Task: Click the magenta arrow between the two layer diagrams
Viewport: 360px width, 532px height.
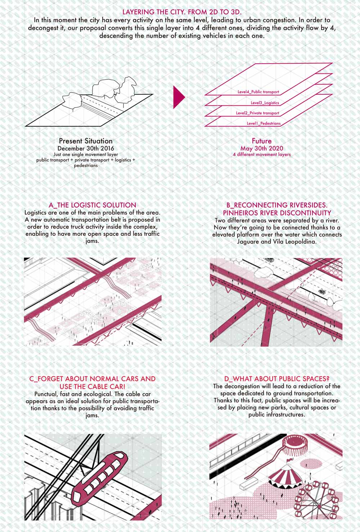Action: click(x=178, y=97)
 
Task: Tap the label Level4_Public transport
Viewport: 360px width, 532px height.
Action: click(x=258, y=92)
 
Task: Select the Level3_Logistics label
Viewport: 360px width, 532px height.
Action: click(x=265, y=103)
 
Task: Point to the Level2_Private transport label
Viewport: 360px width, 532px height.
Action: click(x=258, y=113)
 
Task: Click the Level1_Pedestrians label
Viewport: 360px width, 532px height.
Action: click(x=264, y=123)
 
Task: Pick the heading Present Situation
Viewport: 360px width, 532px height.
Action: click(x=86, y=141)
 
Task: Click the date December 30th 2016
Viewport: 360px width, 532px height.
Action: click(x=86, y=149)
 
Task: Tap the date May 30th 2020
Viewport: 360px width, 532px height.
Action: click(x=262, y=149)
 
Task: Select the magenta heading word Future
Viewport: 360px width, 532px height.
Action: click(x=262, y=141)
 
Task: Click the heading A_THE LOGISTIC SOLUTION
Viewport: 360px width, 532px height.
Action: click(x=93, y=205)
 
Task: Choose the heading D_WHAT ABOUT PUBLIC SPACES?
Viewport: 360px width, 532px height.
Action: click(x=277, y=379)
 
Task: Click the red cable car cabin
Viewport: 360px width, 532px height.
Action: click(x=100, y=477)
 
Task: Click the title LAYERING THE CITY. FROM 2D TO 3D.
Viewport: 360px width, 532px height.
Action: click(x=182, y=12)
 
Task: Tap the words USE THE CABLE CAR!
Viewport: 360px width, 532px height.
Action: click(x=93, y=386)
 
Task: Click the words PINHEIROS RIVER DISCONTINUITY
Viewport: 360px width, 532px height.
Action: click(x=277, y=213)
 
